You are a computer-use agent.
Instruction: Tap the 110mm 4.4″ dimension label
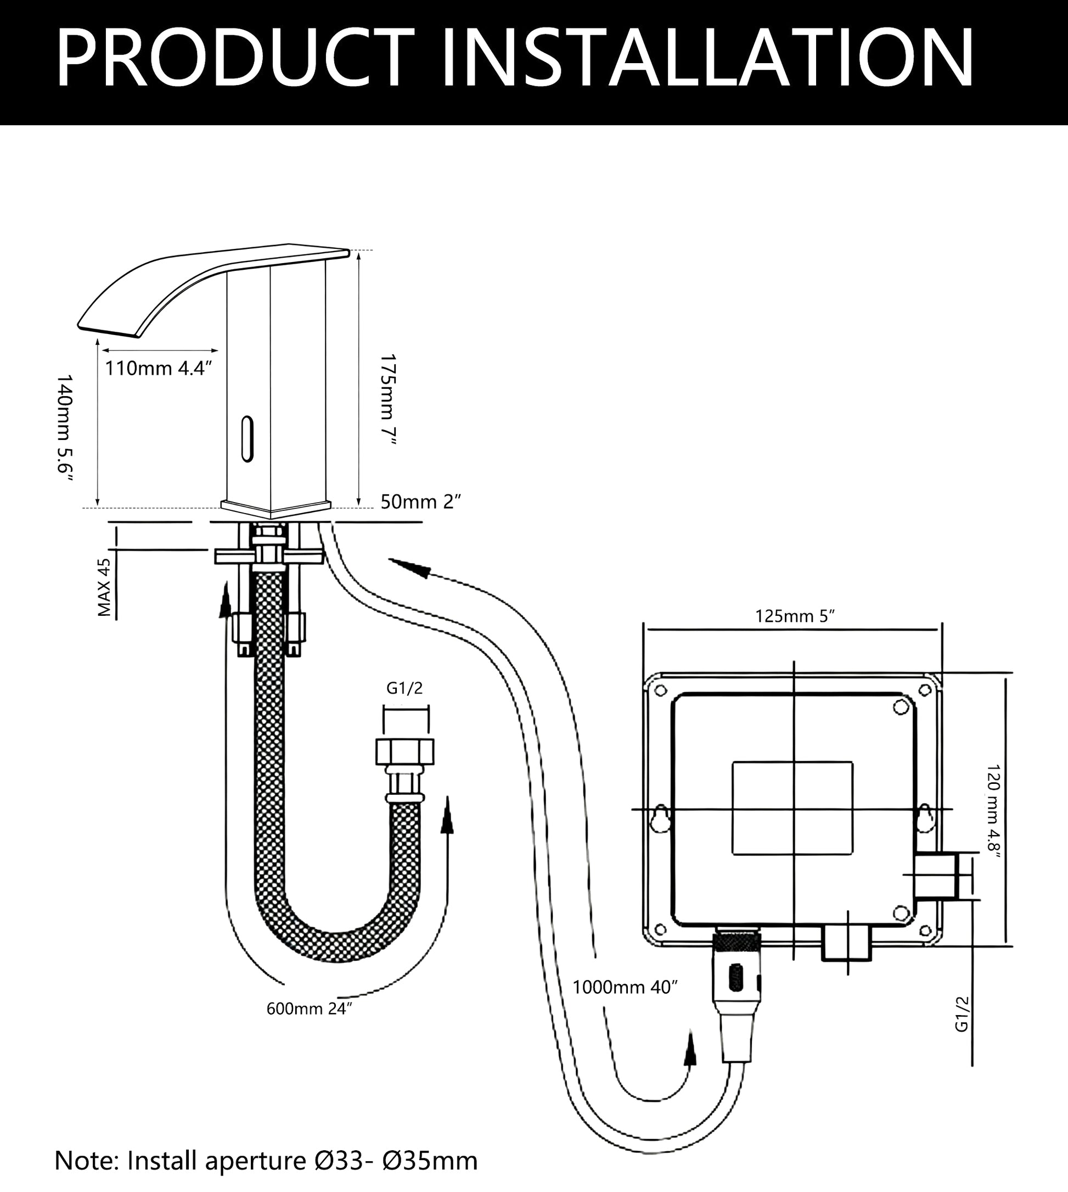click(158, 368)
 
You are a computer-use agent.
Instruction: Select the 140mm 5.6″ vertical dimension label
click(65, 427)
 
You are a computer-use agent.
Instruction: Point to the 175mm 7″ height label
click(389, 399)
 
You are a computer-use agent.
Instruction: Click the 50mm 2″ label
click(421, 502)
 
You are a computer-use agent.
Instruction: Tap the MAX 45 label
click(104, 587)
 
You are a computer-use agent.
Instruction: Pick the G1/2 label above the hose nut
click(404, 688)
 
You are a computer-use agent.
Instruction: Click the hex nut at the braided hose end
click(405, 751)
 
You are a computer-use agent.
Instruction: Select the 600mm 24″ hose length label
click(309, 1009)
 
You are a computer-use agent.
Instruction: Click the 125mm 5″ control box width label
click(795, 616)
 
